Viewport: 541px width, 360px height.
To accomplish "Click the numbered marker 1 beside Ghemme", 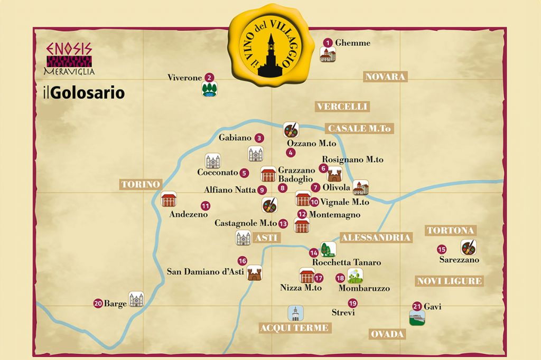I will [328, 43].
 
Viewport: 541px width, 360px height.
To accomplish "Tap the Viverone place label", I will [184, 78].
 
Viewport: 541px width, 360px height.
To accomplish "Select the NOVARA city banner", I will [385, 77].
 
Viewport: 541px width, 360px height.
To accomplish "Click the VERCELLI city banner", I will [342, 107].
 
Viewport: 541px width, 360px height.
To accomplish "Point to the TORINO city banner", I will [139, 184].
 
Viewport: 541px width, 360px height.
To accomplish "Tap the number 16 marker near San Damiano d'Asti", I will [242, 261].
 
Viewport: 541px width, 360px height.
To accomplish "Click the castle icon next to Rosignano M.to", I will [335, 174].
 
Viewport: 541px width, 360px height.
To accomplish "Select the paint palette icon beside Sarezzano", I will [468, 247].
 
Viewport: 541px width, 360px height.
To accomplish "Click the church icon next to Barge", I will [136, 300].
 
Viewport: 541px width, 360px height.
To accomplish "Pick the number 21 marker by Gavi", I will [417, 306].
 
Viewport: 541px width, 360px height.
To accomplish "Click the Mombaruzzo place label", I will [363, 288].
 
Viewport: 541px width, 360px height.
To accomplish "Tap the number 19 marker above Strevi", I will [352, 303].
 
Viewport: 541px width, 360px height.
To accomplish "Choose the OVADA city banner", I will [387, 334].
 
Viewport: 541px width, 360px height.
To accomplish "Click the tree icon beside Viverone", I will [209, 89].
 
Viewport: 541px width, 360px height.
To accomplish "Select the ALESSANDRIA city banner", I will [375, 238].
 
